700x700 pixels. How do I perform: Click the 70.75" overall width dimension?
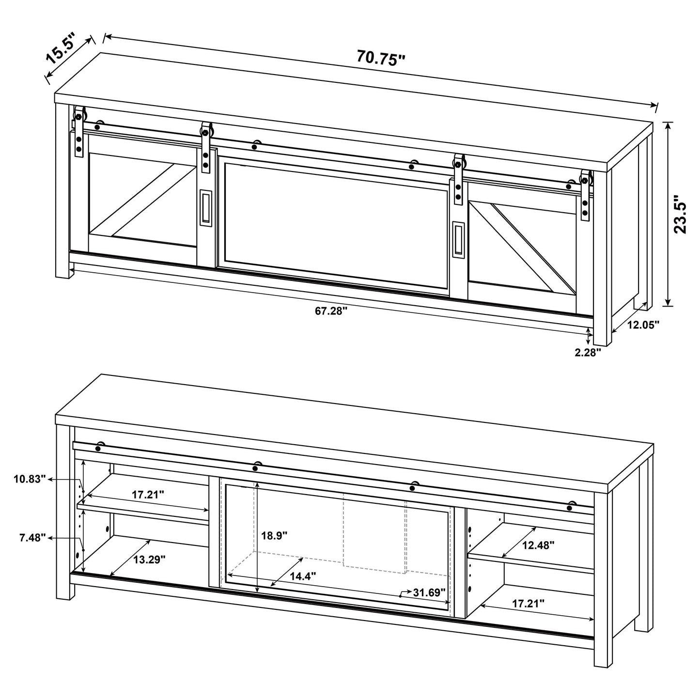[x=380, y=57]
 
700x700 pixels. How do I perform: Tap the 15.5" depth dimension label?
[x=61, y=49]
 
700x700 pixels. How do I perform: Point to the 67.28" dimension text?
[x=332, y=311]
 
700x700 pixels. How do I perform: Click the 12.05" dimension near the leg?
[x=644, y=325]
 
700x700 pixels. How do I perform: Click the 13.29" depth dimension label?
[x=150, y=560]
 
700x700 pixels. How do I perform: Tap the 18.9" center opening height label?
[x=274, y=535]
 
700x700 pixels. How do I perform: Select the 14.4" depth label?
[x=303, y=576]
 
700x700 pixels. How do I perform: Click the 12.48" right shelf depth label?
[x=538, y=544]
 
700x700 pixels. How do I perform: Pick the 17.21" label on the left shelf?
[x=148, y=495]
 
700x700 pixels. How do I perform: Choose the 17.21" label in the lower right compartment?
[x=528, y=603]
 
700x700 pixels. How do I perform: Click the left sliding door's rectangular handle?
[x=205, y=207]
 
